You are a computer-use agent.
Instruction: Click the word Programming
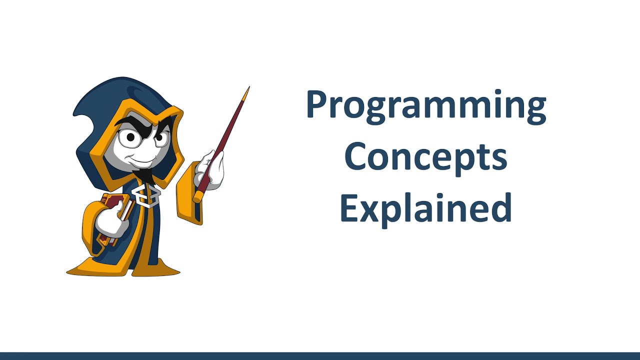426,106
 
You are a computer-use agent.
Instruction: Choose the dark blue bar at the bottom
320,356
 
